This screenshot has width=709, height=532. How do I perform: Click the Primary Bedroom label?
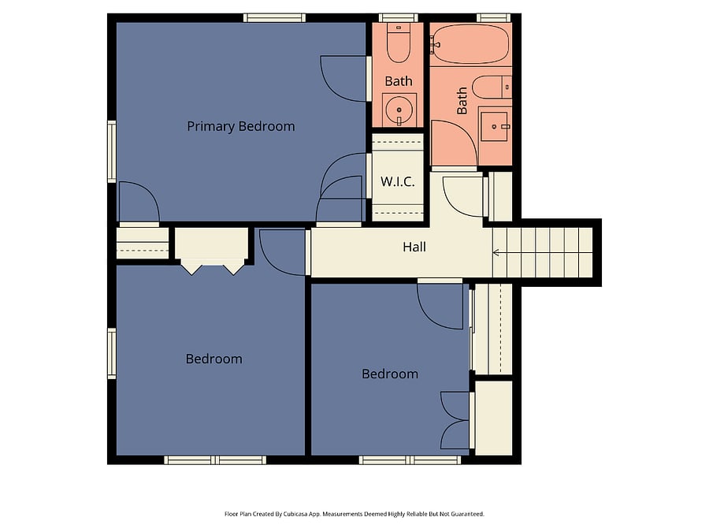240,126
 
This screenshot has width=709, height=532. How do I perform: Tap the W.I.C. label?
398,181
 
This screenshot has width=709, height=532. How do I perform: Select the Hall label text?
414,247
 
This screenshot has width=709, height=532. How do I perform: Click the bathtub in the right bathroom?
470,44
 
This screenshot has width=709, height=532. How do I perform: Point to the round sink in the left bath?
399,110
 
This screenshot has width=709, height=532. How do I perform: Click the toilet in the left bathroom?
399,43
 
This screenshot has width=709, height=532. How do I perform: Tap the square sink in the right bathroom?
495,127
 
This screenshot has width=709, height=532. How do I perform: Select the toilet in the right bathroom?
492,87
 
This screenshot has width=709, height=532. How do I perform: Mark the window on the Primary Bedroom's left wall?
112,151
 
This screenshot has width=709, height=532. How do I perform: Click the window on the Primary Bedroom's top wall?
274,18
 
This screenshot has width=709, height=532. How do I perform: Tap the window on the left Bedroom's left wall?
112,353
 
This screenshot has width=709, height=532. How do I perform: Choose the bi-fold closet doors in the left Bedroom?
213,267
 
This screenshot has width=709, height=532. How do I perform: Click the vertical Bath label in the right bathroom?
462,100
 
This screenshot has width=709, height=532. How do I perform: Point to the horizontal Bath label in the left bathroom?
399,81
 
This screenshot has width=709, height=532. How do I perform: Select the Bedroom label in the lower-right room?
390,374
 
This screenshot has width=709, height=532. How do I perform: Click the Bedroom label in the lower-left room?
213,359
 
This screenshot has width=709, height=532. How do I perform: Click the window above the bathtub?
494,18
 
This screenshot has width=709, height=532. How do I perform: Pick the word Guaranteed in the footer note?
470,514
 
